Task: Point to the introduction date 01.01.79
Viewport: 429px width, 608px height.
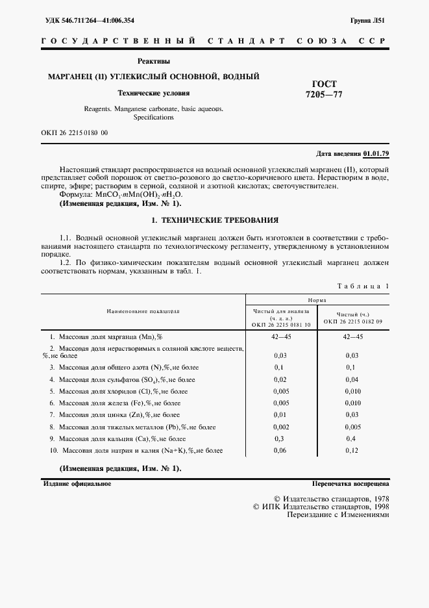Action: [x=376, y=153]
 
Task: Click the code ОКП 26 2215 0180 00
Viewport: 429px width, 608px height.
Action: [x=74, y=133]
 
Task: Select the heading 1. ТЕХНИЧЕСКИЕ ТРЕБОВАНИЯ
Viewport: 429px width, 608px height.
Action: [x=215, y=220]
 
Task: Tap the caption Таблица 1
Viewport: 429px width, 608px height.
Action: [x=363, y=286]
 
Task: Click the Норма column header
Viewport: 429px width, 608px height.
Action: [x=317, y=300]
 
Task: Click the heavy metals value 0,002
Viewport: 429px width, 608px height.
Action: [x=280, y=427]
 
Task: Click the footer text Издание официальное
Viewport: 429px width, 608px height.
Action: [x=77, y=484]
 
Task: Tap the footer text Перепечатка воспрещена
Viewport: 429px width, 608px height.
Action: [x=350, y=484]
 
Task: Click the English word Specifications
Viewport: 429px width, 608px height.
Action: [x=154, y=118]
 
